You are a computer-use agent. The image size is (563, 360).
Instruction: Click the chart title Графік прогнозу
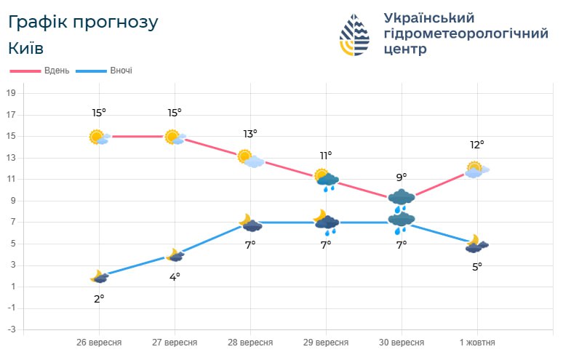coord(82,22)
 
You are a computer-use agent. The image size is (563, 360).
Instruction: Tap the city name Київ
coord(26,49)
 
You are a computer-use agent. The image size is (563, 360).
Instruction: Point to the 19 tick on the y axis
coord(11,93)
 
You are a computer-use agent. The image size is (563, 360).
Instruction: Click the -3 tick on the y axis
coord(11,329)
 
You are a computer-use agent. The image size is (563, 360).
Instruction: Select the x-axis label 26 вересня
coord(99,343)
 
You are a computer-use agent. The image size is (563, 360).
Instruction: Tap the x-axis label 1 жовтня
coord(477,343)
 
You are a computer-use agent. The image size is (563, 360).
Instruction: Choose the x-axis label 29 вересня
coord(326,343)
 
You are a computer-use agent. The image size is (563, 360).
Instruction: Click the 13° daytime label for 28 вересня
coord(250,134)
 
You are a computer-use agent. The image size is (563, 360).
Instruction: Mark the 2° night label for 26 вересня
coord(99,298)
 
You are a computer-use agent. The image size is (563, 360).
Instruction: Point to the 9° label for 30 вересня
coord(402,177)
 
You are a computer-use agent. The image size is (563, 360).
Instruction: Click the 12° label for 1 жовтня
coord(477,145)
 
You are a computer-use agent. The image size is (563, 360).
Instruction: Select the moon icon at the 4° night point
coord(175,255)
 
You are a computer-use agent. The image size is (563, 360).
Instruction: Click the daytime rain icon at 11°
coord(327,179)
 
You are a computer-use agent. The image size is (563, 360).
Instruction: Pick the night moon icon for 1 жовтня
coord(476,244)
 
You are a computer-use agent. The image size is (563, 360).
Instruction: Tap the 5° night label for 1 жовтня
coord(477,266)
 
